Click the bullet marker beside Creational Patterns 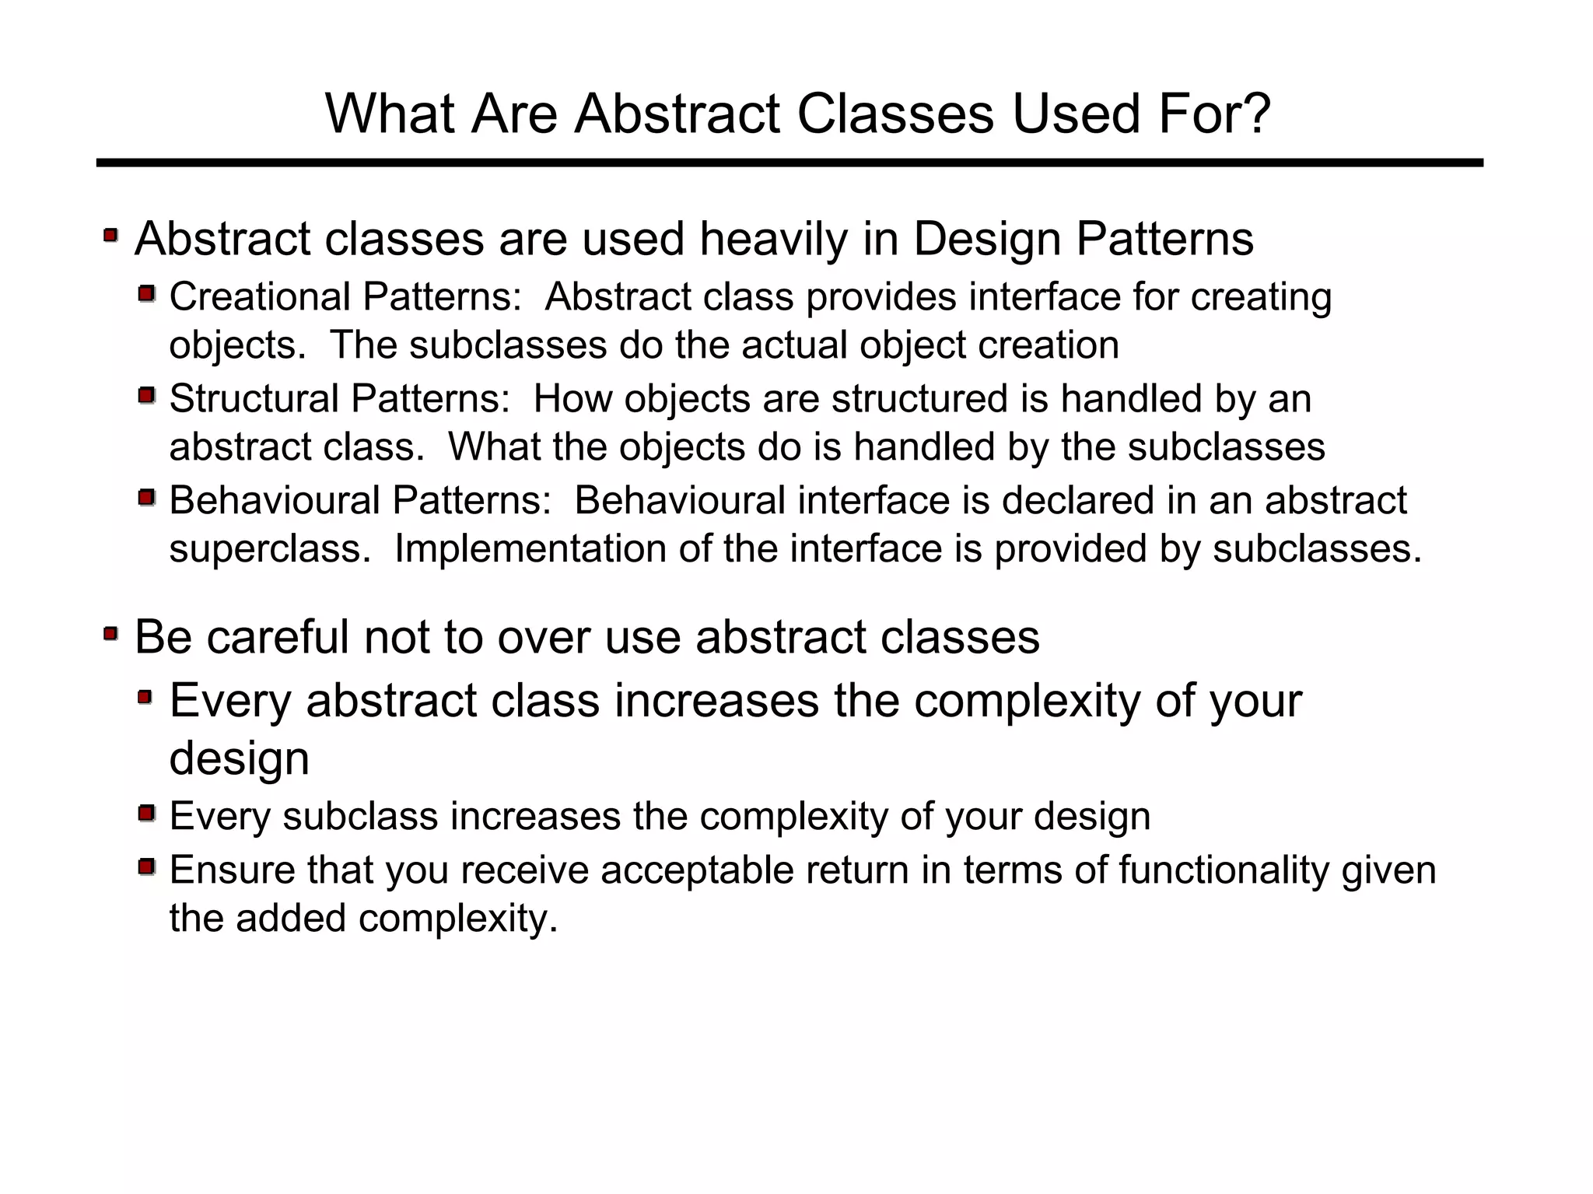coord(147,294)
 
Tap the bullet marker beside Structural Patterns coord(147,396)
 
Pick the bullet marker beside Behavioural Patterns coord(147,497)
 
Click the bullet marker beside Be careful coord(111,634)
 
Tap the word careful coord(278,637)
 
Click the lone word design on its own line coord(239,758)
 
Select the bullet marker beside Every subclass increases coord(147,814)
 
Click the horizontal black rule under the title coord(789,163)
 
